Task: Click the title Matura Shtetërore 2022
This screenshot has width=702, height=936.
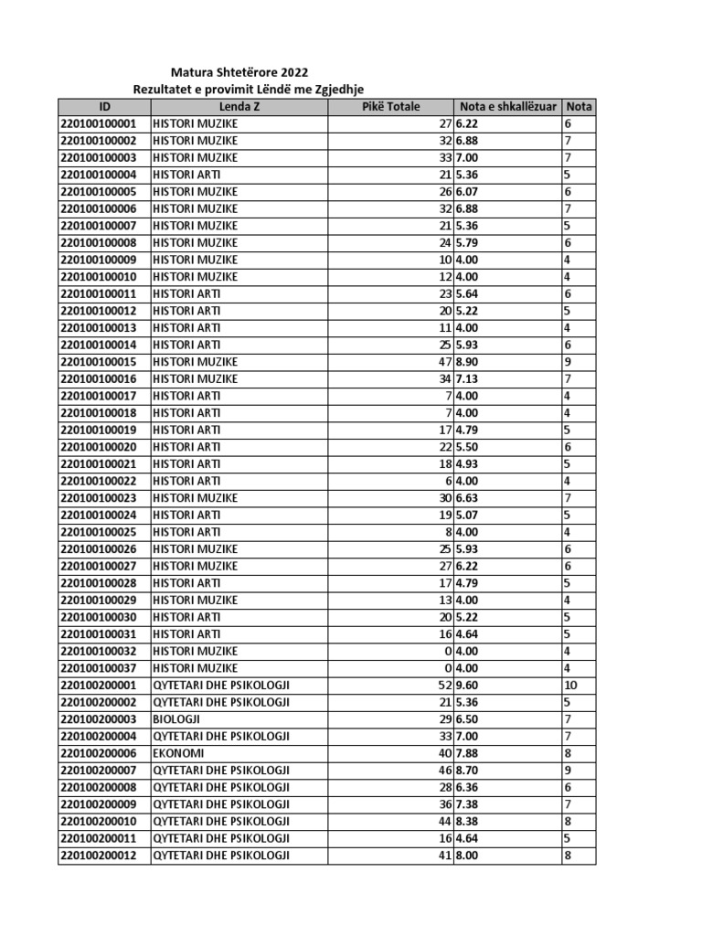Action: click(x=239, y=72)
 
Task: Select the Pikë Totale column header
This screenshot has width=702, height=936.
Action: click(x=390, y=106)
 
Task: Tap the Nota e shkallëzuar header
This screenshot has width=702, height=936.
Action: click(x=507, y=106)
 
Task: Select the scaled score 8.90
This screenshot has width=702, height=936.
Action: click(x=468, y=362)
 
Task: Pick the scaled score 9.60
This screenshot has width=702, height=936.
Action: click(x=468, y=686)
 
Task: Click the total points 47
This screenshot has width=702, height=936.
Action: click(x=445, y=362)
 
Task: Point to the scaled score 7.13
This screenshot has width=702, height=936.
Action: click(x=468, y=378)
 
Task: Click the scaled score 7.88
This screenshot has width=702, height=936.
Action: click(x=468, y=754)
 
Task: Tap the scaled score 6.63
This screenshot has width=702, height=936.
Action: click(x=468, y=498)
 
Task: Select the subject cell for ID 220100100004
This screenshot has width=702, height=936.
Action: click(x=186, y=175)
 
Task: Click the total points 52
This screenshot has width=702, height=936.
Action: click(x=445, y=686)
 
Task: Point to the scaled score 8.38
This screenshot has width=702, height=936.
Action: click(x=468, y=822)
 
